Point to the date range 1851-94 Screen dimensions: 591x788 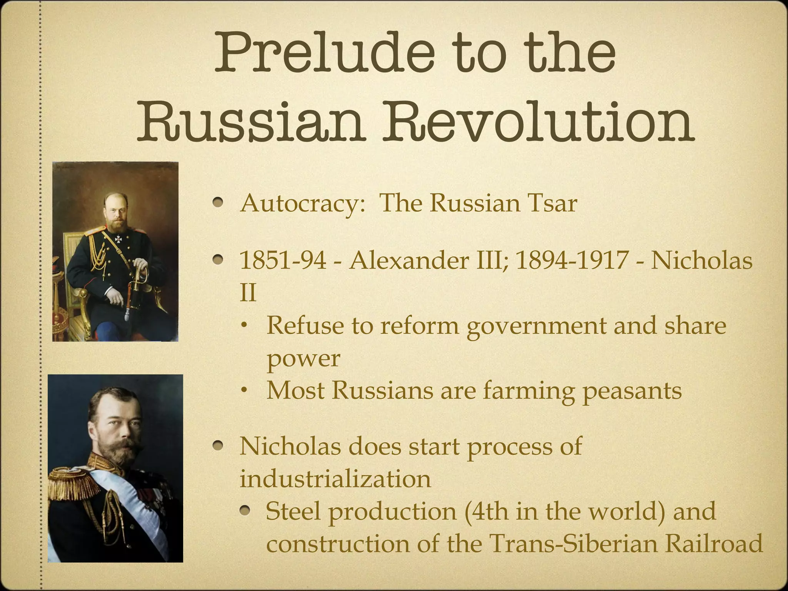click(x=283, y=260)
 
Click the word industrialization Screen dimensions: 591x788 click(x=335, y=479)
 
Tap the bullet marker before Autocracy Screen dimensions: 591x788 click(x=219, y=202)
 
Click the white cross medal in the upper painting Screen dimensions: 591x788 click(x=118, y=240)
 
